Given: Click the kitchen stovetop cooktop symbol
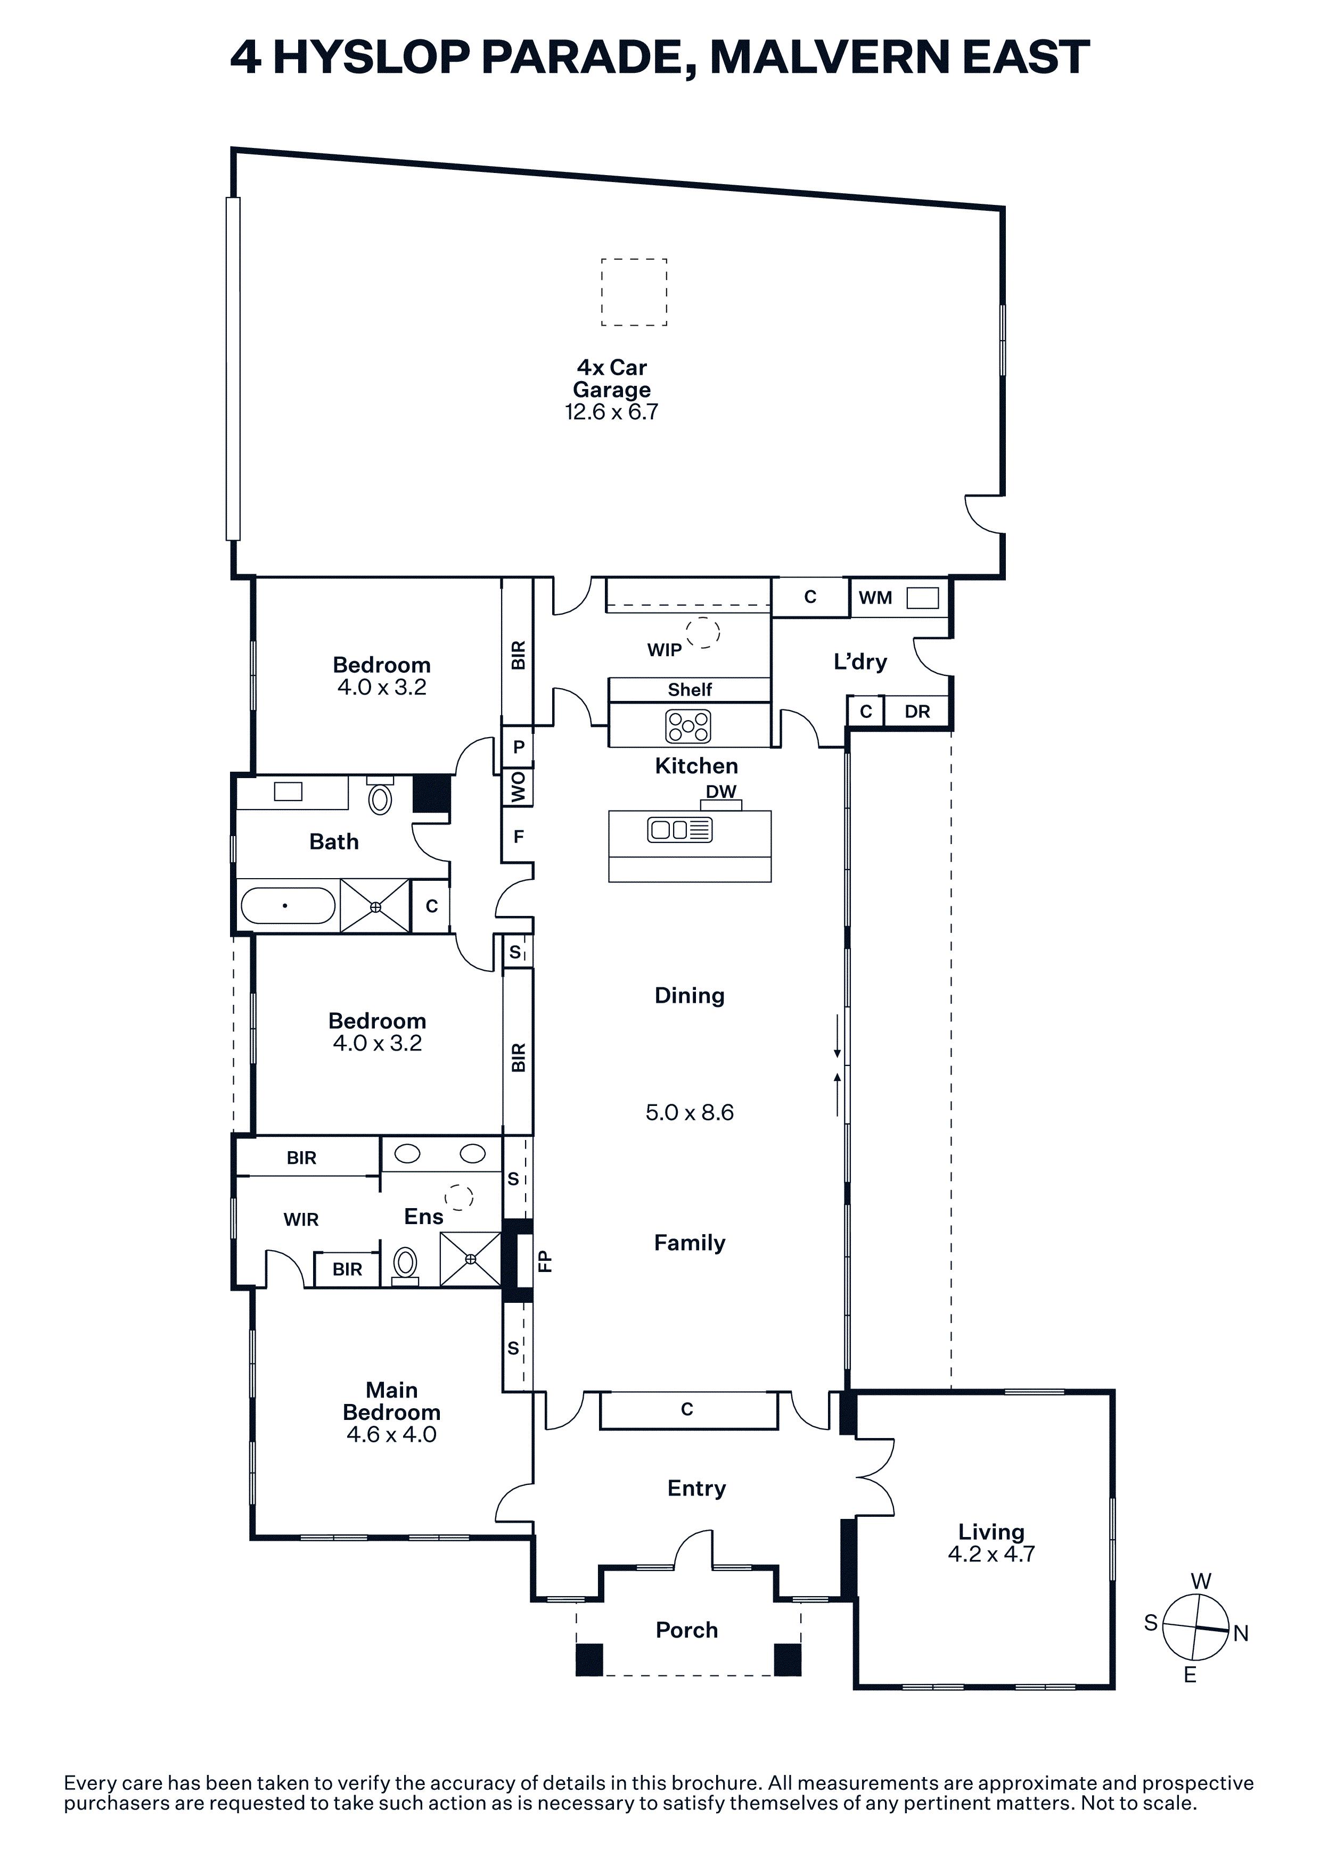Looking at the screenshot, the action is [x=688, y=725].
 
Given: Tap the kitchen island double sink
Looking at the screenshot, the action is [x=680, y=829].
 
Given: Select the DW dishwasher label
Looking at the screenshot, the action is [x=720, y=791].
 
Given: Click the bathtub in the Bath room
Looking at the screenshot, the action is [x=289, y=905].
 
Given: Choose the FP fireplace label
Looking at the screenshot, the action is [x=545, y=1260].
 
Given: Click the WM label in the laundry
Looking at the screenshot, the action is [x=875, y=598].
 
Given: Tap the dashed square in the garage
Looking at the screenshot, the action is [x=634, y=292].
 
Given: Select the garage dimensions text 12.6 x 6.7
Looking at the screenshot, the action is [x=612, y=412].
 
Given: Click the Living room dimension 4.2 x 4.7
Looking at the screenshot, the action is [x=991, y=1554].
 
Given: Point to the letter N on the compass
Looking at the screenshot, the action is [x=1241, y=1633].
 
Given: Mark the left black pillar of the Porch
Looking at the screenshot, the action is [x=589, y=1659].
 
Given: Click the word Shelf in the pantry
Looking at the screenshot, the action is [x=690, y=690].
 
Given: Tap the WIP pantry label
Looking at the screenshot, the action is [x=665, y=650].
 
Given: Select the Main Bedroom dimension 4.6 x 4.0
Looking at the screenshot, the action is [x=391, y=1434].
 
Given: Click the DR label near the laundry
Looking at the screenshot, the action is [x=917, y=712].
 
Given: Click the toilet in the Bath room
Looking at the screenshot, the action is [x=380, y=797].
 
